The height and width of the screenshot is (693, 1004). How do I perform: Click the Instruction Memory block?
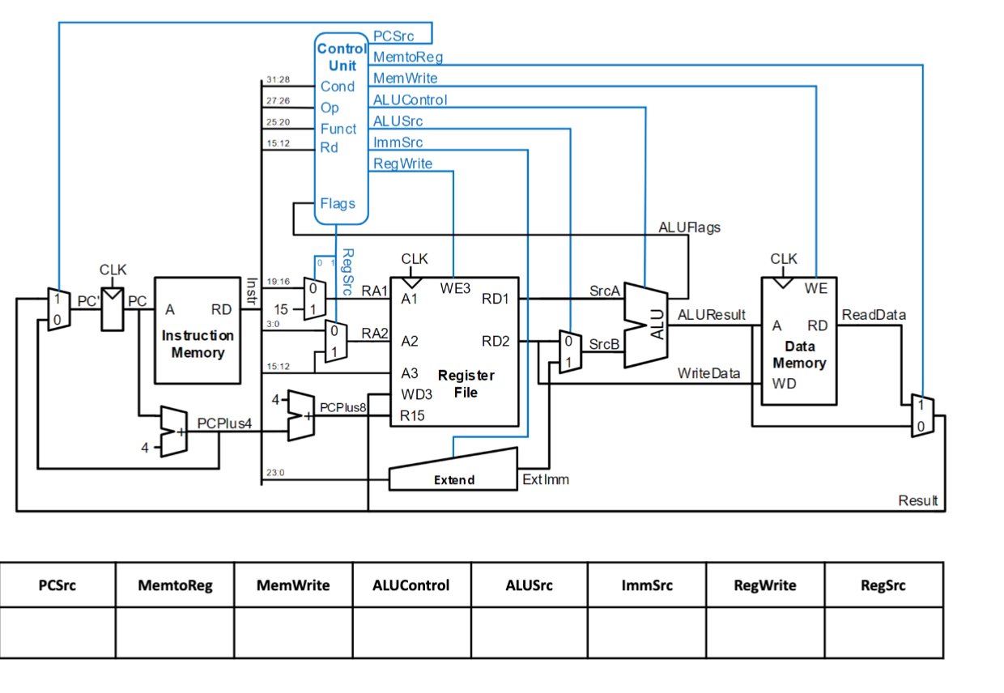pyautogui.click(x=198, y=330)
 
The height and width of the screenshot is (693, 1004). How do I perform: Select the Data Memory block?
pyautogui.click(x=799, y=341)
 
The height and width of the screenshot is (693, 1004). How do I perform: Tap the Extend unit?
pyautogui.click(x=453, y=474)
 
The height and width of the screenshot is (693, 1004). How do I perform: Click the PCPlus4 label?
pyautogui.click(x=224, y=423)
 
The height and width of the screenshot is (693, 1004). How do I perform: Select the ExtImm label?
pyautogui.click(x=546, y=479)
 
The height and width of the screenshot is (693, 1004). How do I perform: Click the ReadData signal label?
pyautogui.click(x=874, y=314)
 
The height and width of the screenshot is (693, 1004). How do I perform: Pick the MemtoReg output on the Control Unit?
pyautogui.click(x=407, y=57)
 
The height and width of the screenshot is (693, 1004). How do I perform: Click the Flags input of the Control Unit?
pyautogui.click(x=338, y=203)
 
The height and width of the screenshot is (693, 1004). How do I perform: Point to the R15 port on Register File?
pyautogui.click(x=412, y=415)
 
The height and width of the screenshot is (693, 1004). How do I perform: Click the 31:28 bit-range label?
pyautogui.click(x=278, y=80)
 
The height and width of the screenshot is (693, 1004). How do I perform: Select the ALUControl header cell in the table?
pyautogui.click(x=411, y=585)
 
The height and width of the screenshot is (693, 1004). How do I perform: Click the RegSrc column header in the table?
pyautogui.click(x=883, y=585)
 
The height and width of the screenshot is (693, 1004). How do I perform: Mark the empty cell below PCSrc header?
pyautogui.click(x=57, y=631)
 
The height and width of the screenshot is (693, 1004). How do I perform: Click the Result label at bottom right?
pyautogui.click(x=917, y=500)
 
